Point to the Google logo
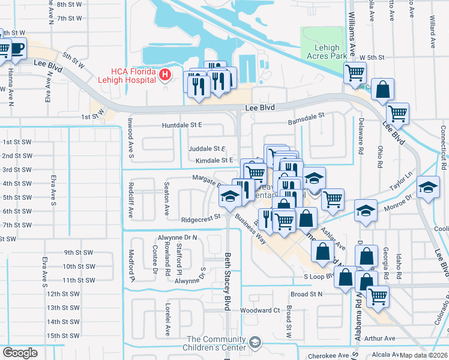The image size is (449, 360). (20, 353)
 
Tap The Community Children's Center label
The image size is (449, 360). (216, 343)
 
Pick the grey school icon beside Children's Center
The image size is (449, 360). (255, 342)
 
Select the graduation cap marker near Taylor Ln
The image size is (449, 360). (428, 189)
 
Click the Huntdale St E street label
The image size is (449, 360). (182, 125)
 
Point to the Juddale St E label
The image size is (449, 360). (206, 148)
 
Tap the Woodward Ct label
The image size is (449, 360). (260, 310)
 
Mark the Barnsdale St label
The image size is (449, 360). (306, 115)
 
